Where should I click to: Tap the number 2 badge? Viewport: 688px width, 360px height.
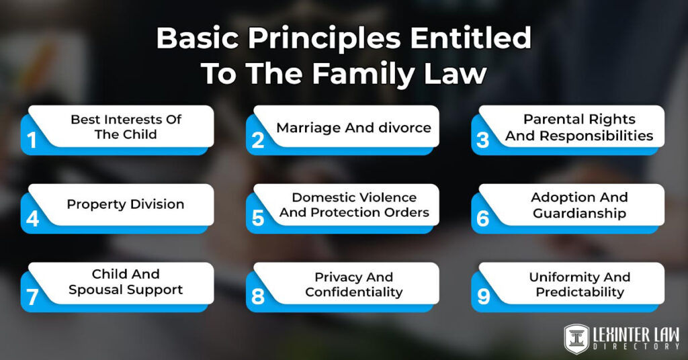[x=258, y=140]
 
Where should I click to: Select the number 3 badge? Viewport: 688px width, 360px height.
[x=483, y=140]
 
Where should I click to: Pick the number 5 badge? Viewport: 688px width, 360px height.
[x=258, y=218]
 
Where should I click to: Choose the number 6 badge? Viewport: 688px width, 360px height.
[x=483, y=218]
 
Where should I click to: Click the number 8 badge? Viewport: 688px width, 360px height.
[x=258, y=296]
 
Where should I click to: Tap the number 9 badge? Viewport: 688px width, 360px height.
[x=483, y=296]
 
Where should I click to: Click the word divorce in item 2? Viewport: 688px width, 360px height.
[x=402, y=128]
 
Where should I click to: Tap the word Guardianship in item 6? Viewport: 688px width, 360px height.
[x=579, y=214]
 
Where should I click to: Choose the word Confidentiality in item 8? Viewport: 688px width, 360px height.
[x=353, y=292]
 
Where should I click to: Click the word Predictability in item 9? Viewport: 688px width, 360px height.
[x=579, y=292]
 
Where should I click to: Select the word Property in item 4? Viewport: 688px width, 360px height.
[x=93, y=204]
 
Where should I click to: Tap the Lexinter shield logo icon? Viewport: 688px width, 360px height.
[x=576, y=337]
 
